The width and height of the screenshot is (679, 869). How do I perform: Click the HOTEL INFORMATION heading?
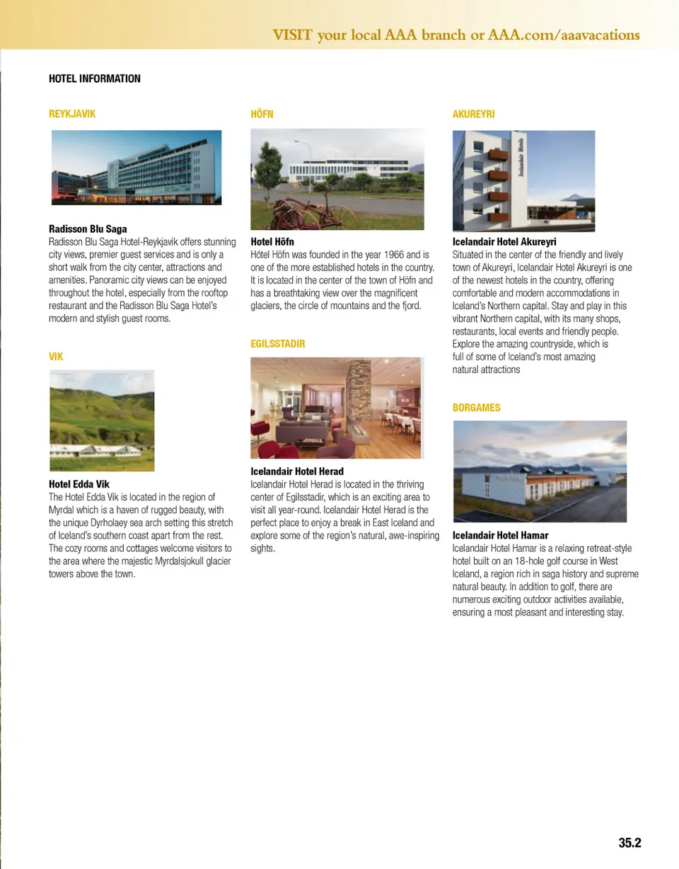[94, 79]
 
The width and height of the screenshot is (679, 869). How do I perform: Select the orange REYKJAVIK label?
[71, 114]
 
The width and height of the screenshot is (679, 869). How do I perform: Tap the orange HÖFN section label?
[262, 114]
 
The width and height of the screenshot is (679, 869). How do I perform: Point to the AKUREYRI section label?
[473, 114]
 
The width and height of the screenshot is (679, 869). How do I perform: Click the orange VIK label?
[56, 357]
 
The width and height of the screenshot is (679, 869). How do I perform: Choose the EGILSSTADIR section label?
[278, 344]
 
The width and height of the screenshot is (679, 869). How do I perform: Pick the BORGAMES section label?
[476, 408]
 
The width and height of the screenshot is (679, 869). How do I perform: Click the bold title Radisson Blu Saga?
[88, 229]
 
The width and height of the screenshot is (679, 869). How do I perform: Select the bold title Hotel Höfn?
[272, 242]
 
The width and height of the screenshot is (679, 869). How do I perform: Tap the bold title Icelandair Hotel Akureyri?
[504, 242]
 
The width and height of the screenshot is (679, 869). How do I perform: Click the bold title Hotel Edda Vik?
[79, 485]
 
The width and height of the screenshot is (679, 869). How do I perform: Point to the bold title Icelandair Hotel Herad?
[297, 472]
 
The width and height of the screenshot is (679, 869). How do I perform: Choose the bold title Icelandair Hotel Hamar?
[500, 536]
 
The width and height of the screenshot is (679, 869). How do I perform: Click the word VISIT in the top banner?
[292, 35]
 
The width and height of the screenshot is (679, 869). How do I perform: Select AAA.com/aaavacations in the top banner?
[564, 35]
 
